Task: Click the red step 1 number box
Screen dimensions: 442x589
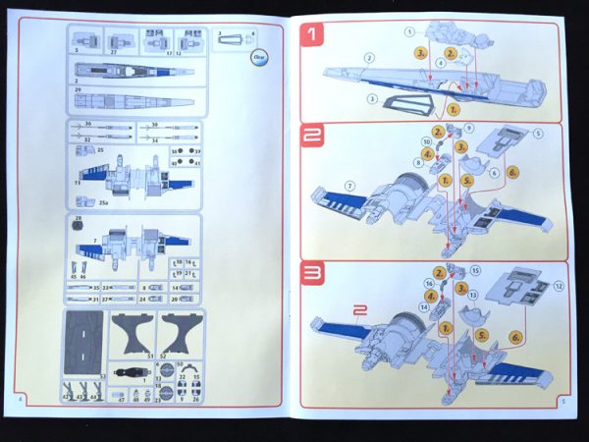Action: pos(313,37)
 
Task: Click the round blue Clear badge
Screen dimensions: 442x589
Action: pos(259,57)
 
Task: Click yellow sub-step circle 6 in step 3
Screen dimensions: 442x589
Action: pos(516,337)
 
